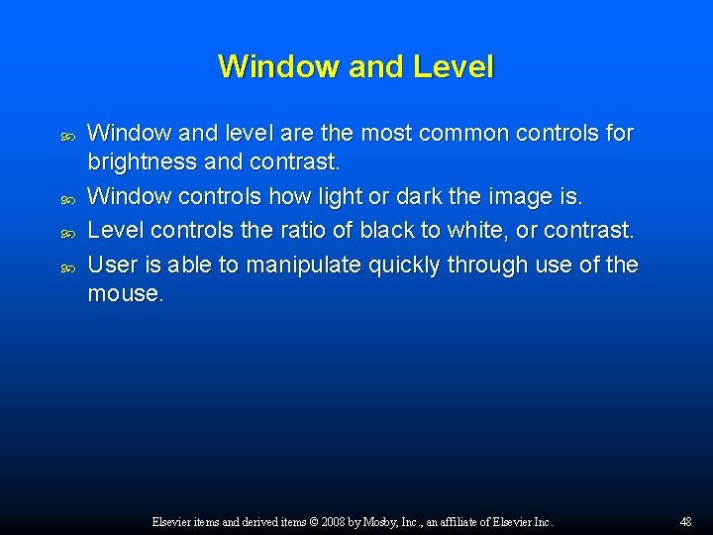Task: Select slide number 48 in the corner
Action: click(686, 521)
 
